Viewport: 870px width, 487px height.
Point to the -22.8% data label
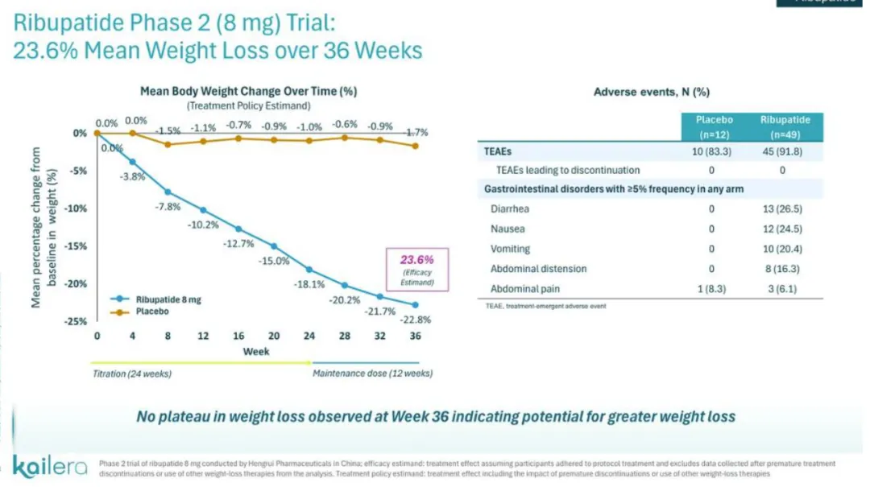click(x=415, y=320)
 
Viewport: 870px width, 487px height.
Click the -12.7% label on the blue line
click(x=238, y=243)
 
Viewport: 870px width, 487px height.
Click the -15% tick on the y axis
click(x=77, y=246)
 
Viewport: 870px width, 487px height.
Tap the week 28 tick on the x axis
click(x=345, y=335)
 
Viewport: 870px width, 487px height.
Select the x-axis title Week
click(x=256, y=351)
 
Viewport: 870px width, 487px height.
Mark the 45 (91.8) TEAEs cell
click(x=785, y=151)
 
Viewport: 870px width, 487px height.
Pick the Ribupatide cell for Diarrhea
click(x=785, y=209)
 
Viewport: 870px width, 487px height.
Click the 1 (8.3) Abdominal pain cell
click(x=712, y=288)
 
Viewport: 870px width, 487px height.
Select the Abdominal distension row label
click(x=538, y=269)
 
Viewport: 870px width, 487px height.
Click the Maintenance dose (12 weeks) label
click(x=371, y=373)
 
